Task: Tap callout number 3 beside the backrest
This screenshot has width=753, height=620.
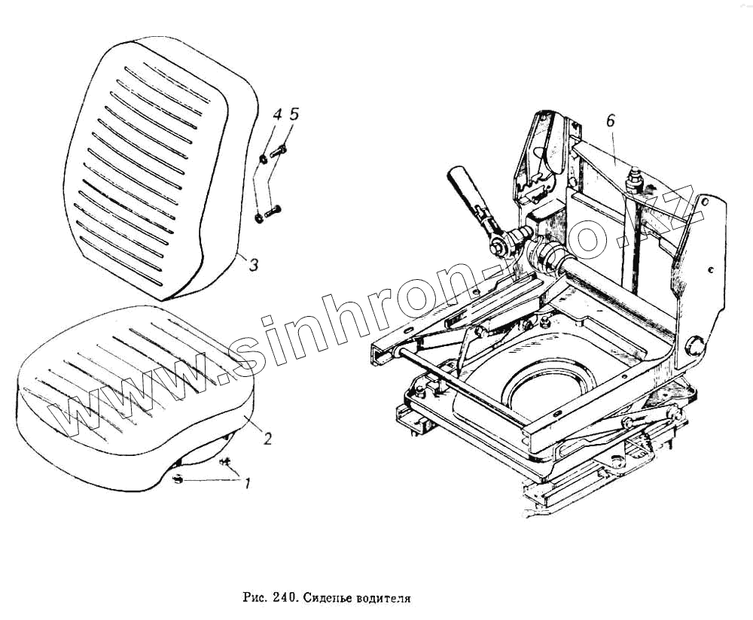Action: [x=254, y=265]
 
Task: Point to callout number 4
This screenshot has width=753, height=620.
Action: [x=277, y=114]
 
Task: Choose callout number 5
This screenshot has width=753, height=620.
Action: [x=294, y=114]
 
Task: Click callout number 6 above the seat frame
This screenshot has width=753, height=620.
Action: [x=610, y=120]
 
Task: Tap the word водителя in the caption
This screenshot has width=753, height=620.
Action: [x=387, y=600]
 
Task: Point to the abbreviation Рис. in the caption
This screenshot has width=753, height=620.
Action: [x=255, y=600]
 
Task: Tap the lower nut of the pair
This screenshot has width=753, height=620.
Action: [x=259, y=217]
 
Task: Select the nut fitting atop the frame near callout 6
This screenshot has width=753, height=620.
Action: [x=634, y=178]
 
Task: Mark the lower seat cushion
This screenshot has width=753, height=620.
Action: [x=128, y=391]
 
